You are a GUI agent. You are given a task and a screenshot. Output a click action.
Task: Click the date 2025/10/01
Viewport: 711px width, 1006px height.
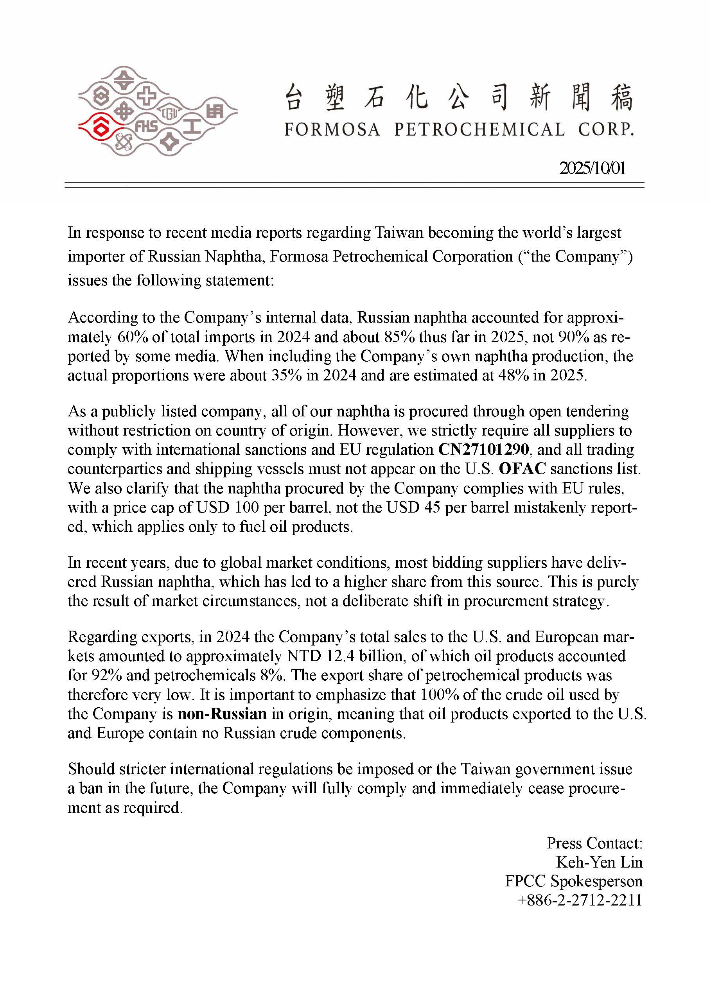[x=592, y=168]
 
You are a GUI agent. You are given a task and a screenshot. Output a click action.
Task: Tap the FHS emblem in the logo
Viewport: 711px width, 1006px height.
[x=146, y=127]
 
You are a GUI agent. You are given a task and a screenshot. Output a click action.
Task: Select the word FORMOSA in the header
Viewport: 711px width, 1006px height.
[x=332, y=130]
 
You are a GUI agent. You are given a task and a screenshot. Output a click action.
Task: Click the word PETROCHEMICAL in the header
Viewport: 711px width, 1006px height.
[x=479, y=130]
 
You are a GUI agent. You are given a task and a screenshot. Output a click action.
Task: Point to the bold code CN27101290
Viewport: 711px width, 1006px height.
[x=483, y=450]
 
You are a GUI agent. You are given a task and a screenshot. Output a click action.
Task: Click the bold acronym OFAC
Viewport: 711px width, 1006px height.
[x=522, y=469]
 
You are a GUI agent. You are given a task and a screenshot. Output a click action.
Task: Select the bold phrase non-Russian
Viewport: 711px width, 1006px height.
[x=222, y=714]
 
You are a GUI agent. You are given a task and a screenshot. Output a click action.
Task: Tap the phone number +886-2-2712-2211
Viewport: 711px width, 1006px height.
[x=580, y=900]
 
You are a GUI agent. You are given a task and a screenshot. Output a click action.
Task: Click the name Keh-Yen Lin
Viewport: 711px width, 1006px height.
[x=599, y=862]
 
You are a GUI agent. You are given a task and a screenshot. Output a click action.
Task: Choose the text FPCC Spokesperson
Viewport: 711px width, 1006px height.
[x=573, y=881]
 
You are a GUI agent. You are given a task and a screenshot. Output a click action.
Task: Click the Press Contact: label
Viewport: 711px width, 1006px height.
[x=594, y=843]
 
